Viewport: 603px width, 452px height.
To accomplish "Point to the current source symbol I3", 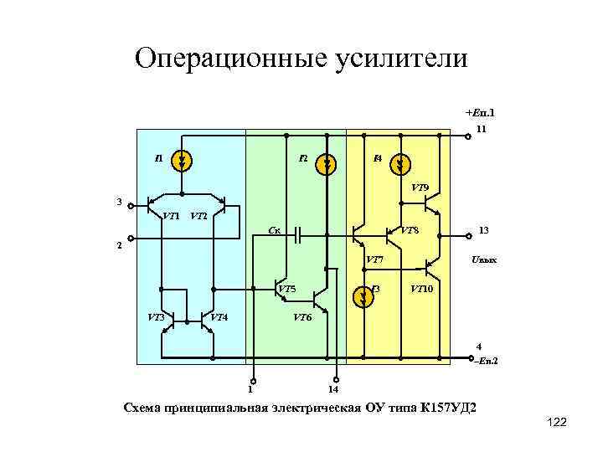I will [363, 295].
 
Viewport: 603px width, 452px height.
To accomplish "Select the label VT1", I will [171, 217].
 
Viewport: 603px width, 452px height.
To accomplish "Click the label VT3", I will [156, 317].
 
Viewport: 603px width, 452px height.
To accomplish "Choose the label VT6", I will [302, 318].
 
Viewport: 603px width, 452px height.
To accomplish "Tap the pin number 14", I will [332, 389].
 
